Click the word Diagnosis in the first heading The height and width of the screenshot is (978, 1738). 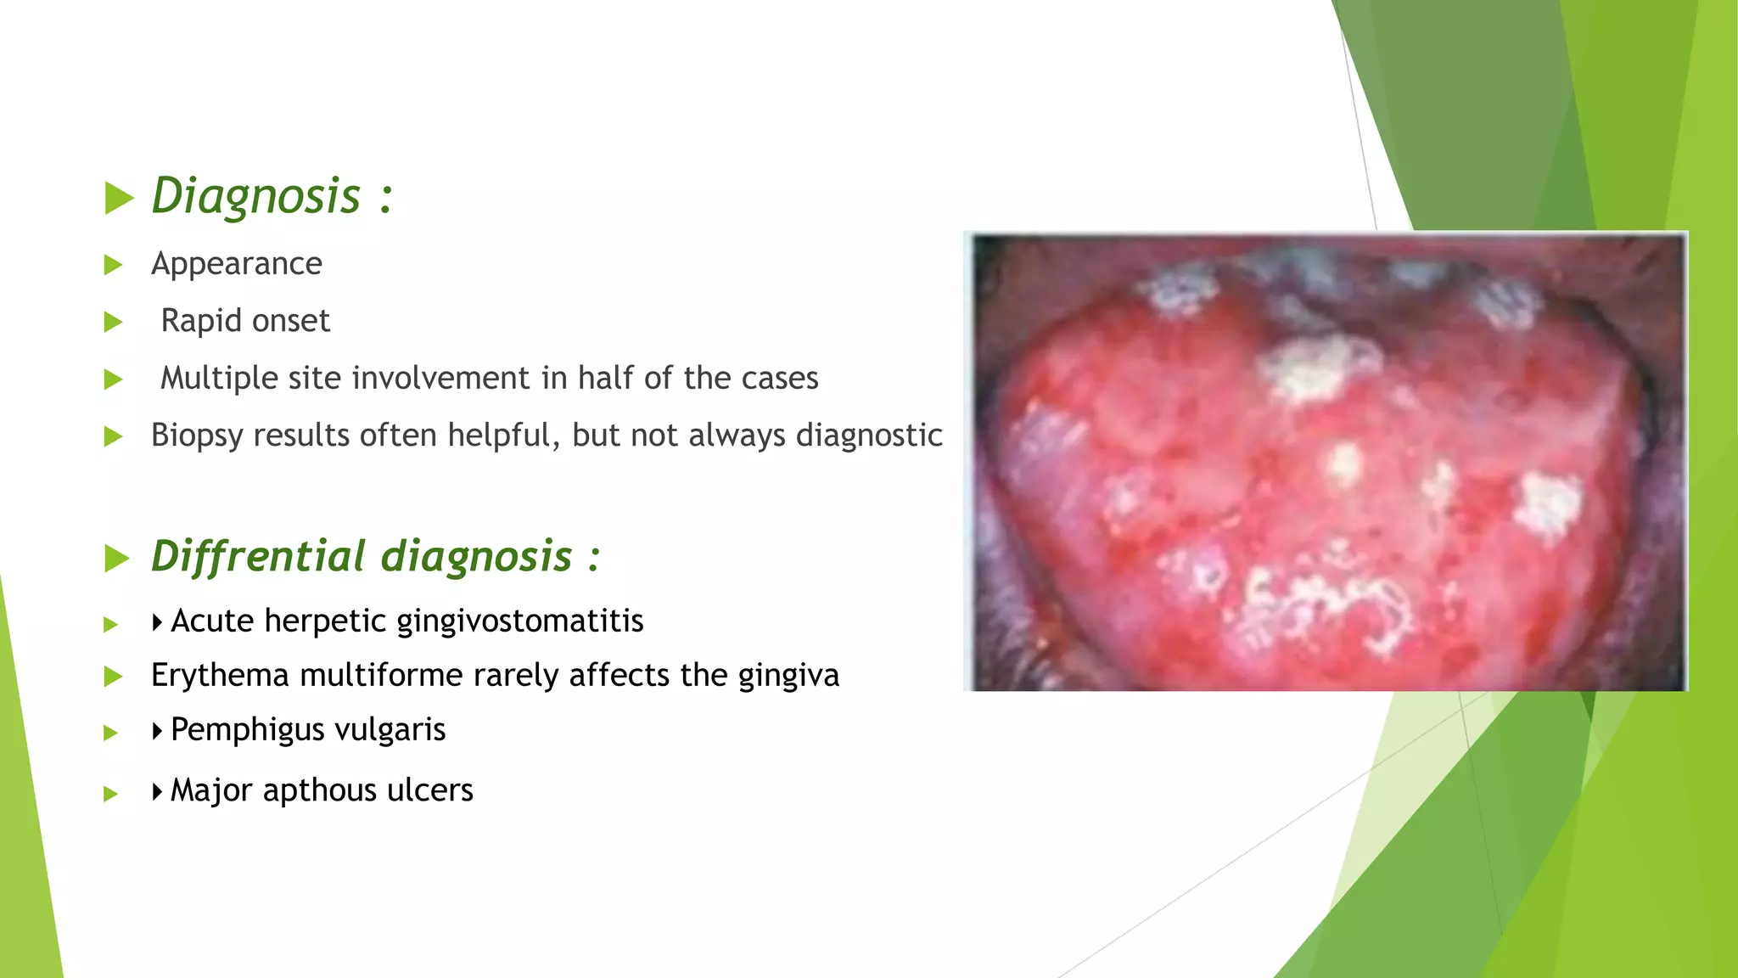[x=256, y=197]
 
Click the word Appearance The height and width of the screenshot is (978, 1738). [x=237, y=264]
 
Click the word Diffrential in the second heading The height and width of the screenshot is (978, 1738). [x=258, y=557]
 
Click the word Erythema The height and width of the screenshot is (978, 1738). [x=220, y=676]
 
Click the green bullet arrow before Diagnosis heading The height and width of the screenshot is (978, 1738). [x=119, y=199]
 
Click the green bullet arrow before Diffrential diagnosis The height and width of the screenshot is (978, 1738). [x=117, y=559]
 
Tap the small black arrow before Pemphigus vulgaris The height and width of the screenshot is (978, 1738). [x=157, y=731]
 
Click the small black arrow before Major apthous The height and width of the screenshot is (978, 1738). [x=157, y=792]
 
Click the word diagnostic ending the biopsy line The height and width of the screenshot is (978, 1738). [x=869, y=436]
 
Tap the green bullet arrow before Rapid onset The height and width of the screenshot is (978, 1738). [x=114, y=323]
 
